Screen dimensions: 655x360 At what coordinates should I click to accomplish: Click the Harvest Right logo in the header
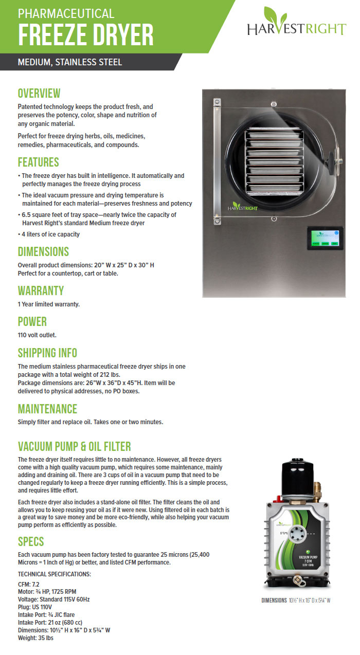(x=296, y=23)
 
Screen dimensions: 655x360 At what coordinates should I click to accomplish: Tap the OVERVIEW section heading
(x=39, y=94)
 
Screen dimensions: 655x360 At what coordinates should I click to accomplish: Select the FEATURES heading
(x=39, y=162)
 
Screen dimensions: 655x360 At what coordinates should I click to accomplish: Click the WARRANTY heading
(x=41, y=290)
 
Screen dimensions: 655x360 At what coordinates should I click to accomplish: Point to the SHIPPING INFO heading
(x=47, y=353)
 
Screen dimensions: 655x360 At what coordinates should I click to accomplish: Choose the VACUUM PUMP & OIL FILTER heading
(x=75, y=446)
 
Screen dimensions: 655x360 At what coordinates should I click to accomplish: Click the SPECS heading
(x=31, y=542)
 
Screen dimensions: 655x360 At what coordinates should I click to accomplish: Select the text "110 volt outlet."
(x=37, y=335)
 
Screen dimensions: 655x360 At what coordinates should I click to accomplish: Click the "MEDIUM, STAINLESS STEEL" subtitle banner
(x=70, y=63)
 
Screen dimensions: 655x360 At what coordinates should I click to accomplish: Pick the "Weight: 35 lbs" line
(x=35, y=638)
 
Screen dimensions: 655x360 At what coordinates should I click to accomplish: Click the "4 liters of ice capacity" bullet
(x=50, y=234)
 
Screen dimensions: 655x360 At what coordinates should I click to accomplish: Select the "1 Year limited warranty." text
(x=49, y=304)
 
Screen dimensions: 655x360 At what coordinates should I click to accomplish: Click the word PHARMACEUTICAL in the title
(x=66, y=13)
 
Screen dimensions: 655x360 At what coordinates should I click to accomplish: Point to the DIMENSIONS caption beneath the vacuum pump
(x=295, y=601)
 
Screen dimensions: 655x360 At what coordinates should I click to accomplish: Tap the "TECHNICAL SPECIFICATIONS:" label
(x=54, y=574)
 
